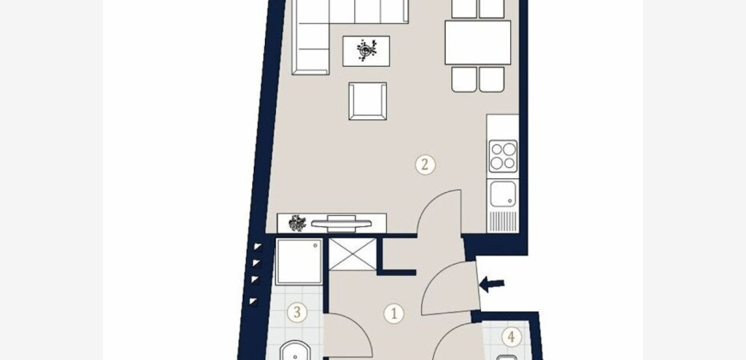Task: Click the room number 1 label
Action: [394, 314]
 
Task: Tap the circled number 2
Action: [425, 165]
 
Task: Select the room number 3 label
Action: [298, 313]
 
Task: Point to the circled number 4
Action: [511, 337]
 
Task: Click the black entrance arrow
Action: [491, 285]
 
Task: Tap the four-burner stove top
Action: [503, 157]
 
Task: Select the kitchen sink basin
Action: [503, 194]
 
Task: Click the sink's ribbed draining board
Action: [503, 222]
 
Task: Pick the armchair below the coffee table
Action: [367, 101]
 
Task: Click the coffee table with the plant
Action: [366, 51]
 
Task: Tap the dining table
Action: [478, 42]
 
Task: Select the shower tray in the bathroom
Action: [299, 261]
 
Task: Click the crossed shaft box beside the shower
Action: [352, 255]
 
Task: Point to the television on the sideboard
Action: [341, 223]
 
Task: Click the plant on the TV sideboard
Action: [298, 223]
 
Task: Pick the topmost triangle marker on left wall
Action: [257, 246]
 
